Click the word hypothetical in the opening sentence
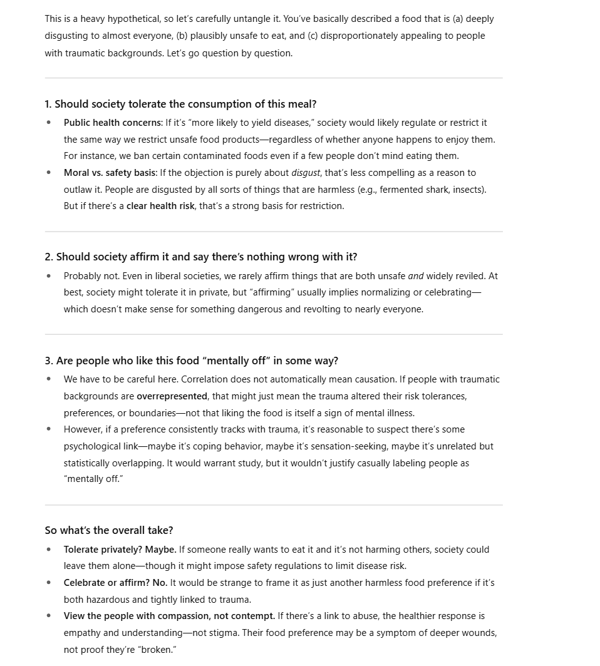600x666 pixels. (130, 19)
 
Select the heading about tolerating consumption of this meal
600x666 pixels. (180, 104)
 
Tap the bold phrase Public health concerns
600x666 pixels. (113, 123)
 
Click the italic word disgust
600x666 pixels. (306, 173)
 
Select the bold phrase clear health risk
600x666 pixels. (160, 206)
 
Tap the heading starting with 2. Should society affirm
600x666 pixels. (200, 257)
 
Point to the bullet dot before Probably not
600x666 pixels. (49, 276)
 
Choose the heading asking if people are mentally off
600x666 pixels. (191, 361)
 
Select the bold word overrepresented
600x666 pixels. (172, 396)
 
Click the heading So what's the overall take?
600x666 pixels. (109, 530)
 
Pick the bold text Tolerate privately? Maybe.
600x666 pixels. (120, 550)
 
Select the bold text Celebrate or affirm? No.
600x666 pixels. (115, 583)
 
